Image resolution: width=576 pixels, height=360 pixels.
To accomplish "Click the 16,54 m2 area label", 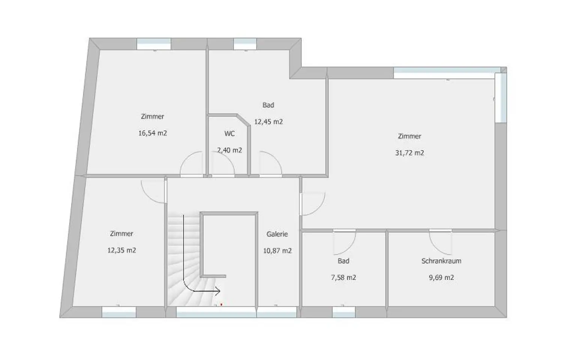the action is pos(153,133).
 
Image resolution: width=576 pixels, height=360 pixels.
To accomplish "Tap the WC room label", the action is pos(229,134).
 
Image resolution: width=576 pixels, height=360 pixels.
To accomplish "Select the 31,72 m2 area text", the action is pos(409,153).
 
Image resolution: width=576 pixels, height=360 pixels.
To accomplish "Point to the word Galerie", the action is pos(277,234).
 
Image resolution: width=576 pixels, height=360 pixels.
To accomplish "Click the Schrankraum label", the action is pos(441,261).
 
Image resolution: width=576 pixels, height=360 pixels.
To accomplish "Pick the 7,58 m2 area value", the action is pos(343,278).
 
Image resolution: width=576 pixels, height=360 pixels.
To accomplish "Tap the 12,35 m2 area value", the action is pos(121,250).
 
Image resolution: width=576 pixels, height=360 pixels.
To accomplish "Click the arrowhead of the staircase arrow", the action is pos(218,291).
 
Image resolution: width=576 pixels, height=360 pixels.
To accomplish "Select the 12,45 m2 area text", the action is pos(268,122).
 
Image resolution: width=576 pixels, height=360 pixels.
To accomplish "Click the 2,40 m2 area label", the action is pos(229,150).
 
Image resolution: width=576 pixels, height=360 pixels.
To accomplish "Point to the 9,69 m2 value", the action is pos(441,278).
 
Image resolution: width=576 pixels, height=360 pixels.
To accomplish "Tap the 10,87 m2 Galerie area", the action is pos(277,251).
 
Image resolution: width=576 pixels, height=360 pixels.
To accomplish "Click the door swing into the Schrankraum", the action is pos(440,242).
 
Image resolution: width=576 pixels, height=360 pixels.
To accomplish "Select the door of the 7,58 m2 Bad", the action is pos(345,242).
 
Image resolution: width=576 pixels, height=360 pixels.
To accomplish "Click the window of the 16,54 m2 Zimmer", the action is pos(154,44).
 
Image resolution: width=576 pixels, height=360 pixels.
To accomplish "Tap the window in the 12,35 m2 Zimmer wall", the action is pos(119,312).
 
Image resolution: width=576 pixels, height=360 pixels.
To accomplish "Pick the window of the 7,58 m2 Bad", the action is pos(344,312).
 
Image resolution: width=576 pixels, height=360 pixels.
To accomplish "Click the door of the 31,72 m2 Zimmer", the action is pos(312,204).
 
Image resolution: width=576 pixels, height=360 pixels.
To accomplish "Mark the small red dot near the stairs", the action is pos(221,304).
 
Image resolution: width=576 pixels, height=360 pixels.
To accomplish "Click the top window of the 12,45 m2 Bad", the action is pos(245,44).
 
